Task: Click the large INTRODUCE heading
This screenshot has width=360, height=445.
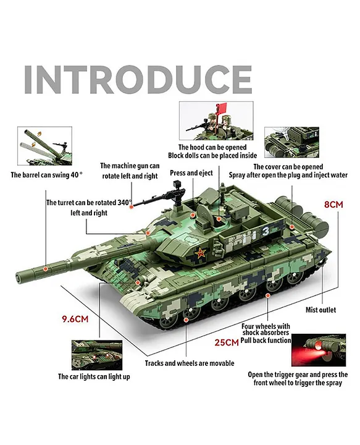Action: coord(138,80)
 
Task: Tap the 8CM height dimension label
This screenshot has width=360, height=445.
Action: coord(333,205)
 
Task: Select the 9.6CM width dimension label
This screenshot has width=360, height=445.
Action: coord(75,319)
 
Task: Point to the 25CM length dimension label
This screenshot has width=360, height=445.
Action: coord(227,342)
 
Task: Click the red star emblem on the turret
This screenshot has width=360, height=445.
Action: coord(200,252)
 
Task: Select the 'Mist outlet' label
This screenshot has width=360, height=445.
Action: coord(320,310)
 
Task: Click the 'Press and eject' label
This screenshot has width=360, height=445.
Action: coord(191,173)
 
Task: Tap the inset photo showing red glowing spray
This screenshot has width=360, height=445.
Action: coord(319,350)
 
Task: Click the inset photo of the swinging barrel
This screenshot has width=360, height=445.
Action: coord(45,146)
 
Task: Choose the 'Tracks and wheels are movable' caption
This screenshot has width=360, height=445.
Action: coord(190,363)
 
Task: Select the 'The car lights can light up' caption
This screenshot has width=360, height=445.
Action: coord(94,376)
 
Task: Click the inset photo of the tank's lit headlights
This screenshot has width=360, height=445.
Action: coord(97,355)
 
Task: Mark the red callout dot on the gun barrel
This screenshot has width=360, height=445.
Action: coord(45,268)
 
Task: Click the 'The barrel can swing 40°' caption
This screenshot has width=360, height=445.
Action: coord(47,174)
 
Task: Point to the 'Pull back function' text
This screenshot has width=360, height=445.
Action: coord(266,341)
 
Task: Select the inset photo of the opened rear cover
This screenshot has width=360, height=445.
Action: coord(291,143)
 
